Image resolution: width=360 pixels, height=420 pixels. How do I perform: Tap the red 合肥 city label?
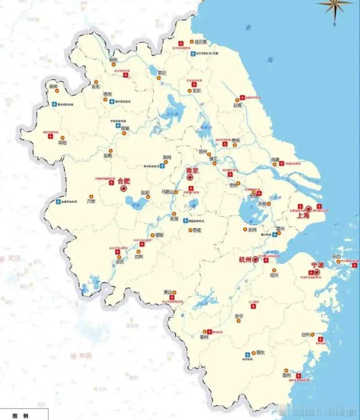(x=124, y=181)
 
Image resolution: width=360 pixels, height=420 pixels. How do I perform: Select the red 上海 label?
(x=303, y=215)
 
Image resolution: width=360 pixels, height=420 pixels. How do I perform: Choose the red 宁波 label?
(x=316, y=265)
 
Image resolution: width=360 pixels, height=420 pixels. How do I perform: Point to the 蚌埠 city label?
(x=125, y=128)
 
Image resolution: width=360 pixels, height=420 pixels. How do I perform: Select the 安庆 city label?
(x=120, y=261)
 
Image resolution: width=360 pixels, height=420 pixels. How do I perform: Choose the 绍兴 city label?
(x=274, y=275)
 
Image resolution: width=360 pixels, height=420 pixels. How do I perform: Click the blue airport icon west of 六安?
(x=59, y=202)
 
